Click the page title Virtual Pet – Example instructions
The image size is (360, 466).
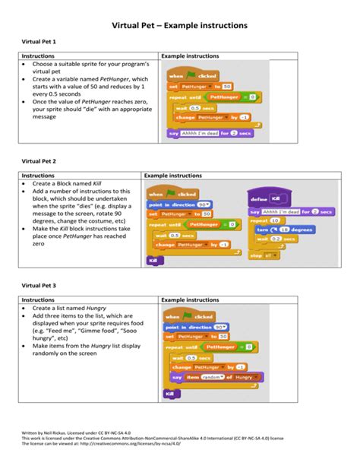(x=179, y=25)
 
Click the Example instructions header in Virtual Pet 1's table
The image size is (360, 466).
(x=191, y=56)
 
